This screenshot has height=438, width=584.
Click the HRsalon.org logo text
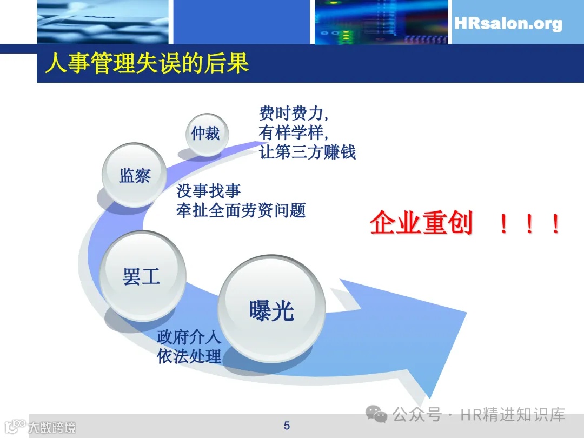[x=508, y=24]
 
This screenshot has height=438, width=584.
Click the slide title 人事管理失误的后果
[x=147, y=63]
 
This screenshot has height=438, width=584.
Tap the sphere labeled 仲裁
[x=205, y=133]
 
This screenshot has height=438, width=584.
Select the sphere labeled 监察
[x=134, y=175]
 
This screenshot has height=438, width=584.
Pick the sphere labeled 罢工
[x=142, y=276]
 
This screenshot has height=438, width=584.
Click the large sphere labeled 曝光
[x=271, y=309]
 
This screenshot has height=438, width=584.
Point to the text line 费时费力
[x=294, y=114]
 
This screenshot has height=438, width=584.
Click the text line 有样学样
[x=294, y=132]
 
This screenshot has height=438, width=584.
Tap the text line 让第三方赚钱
[x=307, y=151]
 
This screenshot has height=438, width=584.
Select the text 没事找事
[x=208, y=191]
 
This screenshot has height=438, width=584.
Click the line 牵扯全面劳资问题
[x=241, y=210]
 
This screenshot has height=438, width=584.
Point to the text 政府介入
[x=189, y=337]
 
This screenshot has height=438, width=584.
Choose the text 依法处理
[x=189, y=356]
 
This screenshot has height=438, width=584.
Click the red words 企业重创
[x=421, y=223]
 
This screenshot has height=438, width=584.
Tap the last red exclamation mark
[x=555, y=224]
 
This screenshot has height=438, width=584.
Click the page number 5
[x=287, y=426]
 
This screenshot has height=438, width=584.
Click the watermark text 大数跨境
[x=52, y=427]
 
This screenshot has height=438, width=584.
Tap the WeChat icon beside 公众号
[x=376, y=415]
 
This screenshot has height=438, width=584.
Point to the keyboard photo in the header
[x=103, y=22]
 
